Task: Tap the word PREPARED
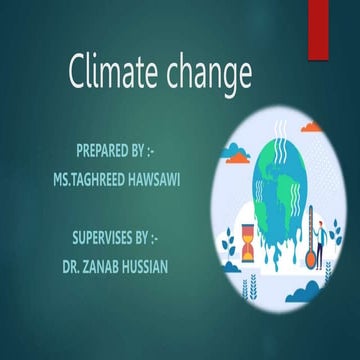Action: point(104,152)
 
